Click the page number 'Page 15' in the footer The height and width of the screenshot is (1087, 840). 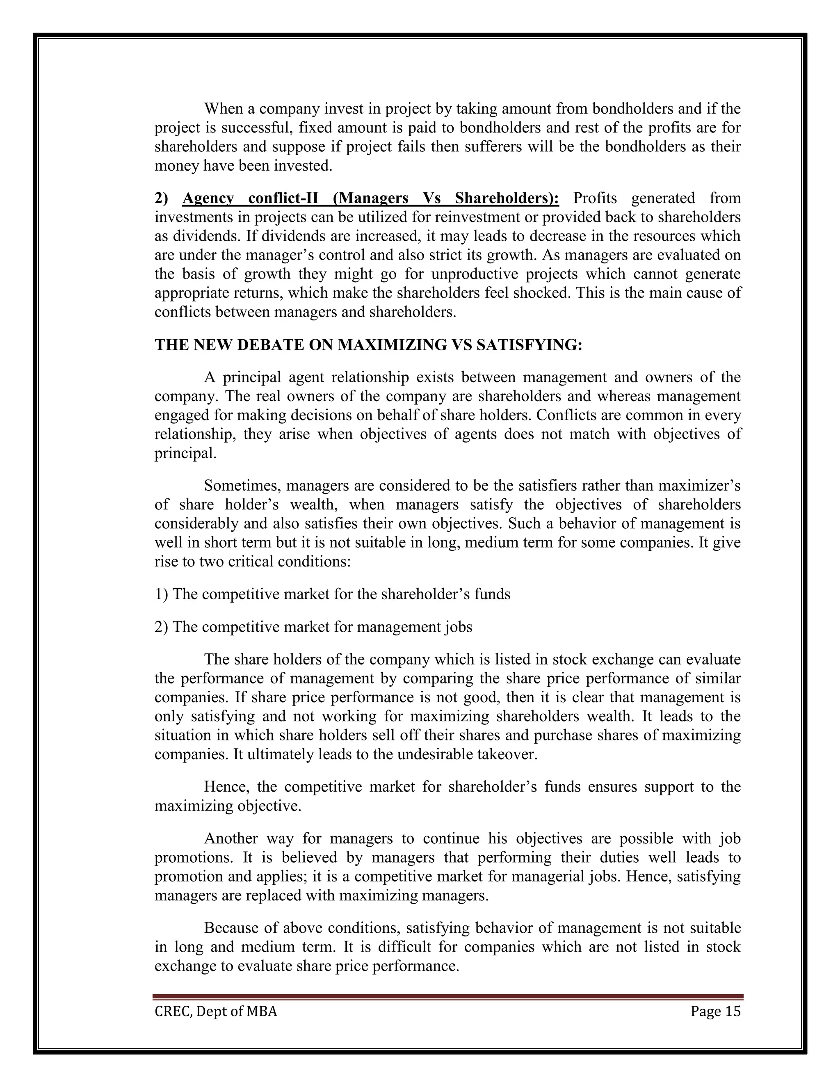(715, 1012)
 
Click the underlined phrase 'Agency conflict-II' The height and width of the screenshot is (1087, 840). (250, 199)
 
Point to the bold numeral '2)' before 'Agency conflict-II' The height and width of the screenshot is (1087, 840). (161, 199)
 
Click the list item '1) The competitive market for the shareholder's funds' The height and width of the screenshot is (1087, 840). (332, 594)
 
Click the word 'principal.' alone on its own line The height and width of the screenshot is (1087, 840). (186, 453)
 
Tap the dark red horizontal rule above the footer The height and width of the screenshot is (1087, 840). (448, 996)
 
